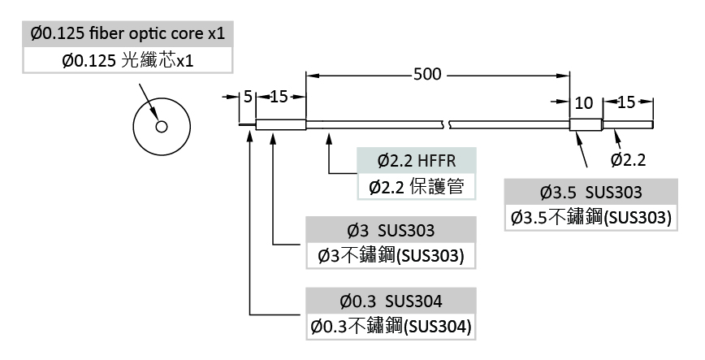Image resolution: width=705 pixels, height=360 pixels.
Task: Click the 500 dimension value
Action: pos(427,76)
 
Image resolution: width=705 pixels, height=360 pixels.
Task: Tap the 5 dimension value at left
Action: pos(248,97)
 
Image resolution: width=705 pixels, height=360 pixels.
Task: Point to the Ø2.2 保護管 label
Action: pos(416,187)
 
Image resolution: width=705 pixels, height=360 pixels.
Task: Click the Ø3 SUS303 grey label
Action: pos(390,229)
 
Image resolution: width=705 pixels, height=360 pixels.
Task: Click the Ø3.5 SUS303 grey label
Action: pos(591,193)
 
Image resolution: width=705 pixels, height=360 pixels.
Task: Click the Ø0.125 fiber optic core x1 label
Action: pos(127,34)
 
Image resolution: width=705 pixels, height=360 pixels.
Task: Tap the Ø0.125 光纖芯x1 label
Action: pos(127,61)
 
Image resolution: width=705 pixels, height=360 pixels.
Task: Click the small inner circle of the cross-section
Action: pos(162,126)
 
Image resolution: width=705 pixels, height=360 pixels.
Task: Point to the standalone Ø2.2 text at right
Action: pos(629,159)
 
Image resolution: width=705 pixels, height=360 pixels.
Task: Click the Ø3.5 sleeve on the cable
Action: pos(585,125)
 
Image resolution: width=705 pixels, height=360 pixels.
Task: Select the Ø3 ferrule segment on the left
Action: pos(280,125)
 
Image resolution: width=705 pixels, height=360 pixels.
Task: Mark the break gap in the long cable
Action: pos(447,125)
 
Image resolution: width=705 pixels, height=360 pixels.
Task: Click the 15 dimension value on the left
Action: pos(279,97)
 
